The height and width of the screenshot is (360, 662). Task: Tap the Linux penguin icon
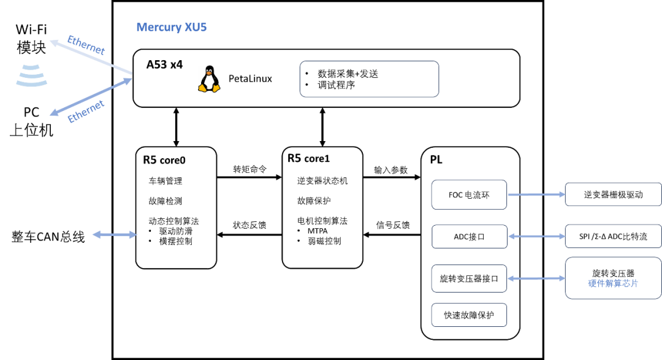click(x=209, y=79)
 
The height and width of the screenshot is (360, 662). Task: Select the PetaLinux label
click(x=250, y=79)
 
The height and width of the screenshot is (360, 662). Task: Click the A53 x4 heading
click(x=164, y=64)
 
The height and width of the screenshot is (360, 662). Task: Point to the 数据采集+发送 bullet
click(x=348, y=74)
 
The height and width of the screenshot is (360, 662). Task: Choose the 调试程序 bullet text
click(x=337, y=85)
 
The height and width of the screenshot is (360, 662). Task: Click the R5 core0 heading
click(x=164, y=160)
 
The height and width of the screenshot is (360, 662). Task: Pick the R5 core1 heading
click(x=308, y=158)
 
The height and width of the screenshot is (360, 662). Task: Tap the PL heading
click(x=436, y=160)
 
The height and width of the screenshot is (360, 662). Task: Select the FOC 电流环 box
click(x=469, y=195)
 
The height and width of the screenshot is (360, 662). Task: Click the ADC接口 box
click(x=469, y=237)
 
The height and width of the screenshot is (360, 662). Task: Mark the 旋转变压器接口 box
click(x=469, y=279)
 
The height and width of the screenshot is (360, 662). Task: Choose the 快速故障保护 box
click(x=469, y=316)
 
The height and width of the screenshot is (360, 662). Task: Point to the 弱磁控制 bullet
click(x=324, y=241)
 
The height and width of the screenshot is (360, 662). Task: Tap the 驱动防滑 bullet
click(x=177, y=231)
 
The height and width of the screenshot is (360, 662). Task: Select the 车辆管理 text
click(x=165, y=181)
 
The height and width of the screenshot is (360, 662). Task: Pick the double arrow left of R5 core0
click(x=114, y=234)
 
